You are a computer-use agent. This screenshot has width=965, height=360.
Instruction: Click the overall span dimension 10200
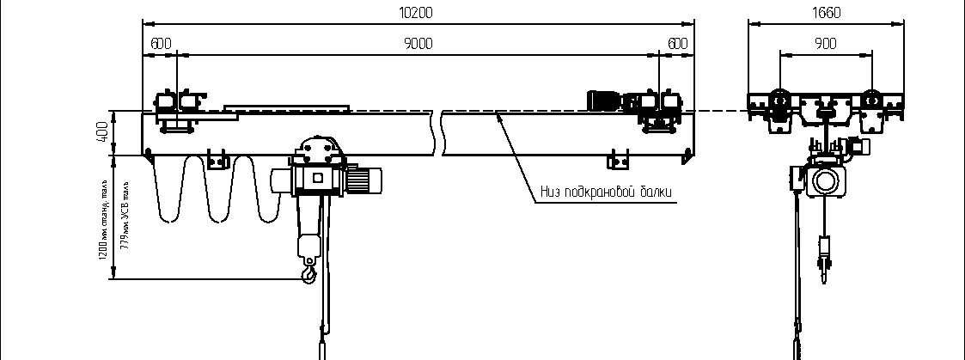pos(417,12)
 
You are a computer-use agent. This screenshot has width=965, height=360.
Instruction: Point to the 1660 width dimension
pos(824,12)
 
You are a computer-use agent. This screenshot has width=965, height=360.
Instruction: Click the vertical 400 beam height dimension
pos(101,132)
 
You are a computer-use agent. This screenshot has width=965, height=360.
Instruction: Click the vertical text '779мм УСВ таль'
pos(125,212)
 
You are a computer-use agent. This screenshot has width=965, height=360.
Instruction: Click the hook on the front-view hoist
pos(308,274)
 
